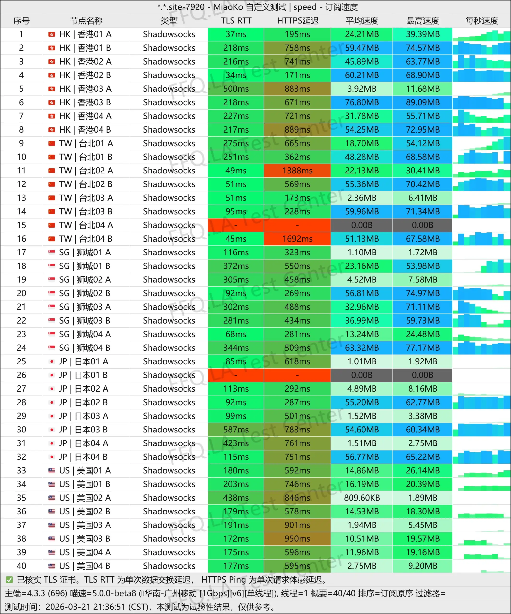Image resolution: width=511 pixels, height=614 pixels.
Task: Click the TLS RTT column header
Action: coord(236,21)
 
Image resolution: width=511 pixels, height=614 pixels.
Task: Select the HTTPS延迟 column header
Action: coord(297,21)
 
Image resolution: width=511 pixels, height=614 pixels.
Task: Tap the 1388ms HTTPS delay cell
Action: coord(297,171)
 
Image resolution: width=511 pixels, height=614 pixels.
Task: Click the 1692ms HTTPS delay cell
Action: coord(297,239)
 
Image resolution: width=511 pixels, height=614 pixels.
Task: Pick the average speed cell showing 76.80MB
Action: coord(362,102)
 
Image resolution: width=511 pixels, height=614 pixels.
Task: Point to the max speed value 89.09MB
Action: coord(422,102)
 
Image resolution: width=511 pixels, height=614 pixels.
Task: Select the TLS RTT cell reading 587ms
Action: coord(236,430)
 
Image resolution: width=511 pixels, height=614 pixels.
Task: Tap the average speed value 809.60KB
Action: coord(362,498)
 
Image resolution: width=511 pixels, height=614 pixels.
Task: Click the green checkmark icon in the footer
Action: coord(9,579)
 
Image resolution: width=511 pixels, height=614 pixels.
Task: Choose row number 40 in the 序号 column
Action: coord(21,566)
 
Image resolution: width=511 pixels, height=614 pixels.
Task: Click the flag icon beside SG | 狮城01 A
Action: coord(52,252)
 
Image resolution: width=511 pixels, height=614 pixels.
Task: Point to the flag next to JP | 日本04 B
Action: coord(52,457)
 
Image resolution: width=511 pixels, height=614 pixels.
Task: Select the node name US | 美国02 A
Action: coord(85,498)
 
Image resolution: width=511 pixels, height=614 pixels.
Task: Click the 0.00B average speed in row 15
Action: coord(362,225)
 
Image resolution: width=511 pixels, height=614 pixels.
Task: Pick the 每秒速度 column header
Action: coord(481,21)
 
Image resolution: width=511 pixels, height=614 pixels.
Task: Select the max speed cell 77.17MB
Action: coord(422,348)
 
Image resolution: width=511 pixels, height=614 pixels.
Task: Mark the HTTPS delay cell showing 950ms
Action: coord(297,538)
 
